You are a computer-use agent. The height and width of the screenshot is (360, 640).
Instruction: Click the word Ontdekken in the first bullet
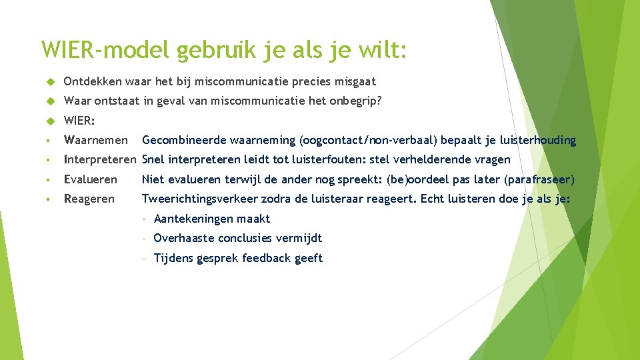click(x=93, y=81)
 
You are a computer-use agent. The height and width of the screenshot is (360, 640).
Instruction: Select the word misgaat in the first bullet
click(x=355, y=81)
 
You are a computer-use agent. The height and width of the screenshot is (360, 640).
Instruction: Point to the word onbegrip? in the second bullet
click(x=357, y=101)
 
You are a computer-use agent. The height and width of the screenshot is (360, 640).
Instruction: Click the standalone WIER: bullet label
click(x=79, y=121)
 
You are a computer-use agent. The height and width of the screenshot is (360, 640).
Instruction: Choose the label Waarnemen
click(x=95, y=140)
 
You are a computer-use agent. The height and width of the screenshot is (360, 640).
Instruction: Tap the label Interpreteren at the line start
click(x=100, y=159)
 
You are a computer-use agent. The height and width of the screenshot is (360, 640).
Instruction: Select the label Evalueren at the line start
click(x=90, y=179)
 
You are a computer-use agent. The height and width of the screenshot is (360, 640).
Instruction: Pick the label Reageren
click(x=89, y=199)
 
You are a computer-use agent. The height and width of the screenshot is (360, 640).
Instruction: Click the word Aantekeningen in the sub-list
click(x=188, y=219)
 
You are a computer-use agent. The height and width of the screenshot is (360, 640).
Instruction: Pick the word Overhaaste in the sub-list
click(x=181, y=238)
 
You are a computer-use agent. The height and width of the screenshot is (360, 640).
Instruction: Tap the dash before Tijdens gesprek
click(x=145, y=258)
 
